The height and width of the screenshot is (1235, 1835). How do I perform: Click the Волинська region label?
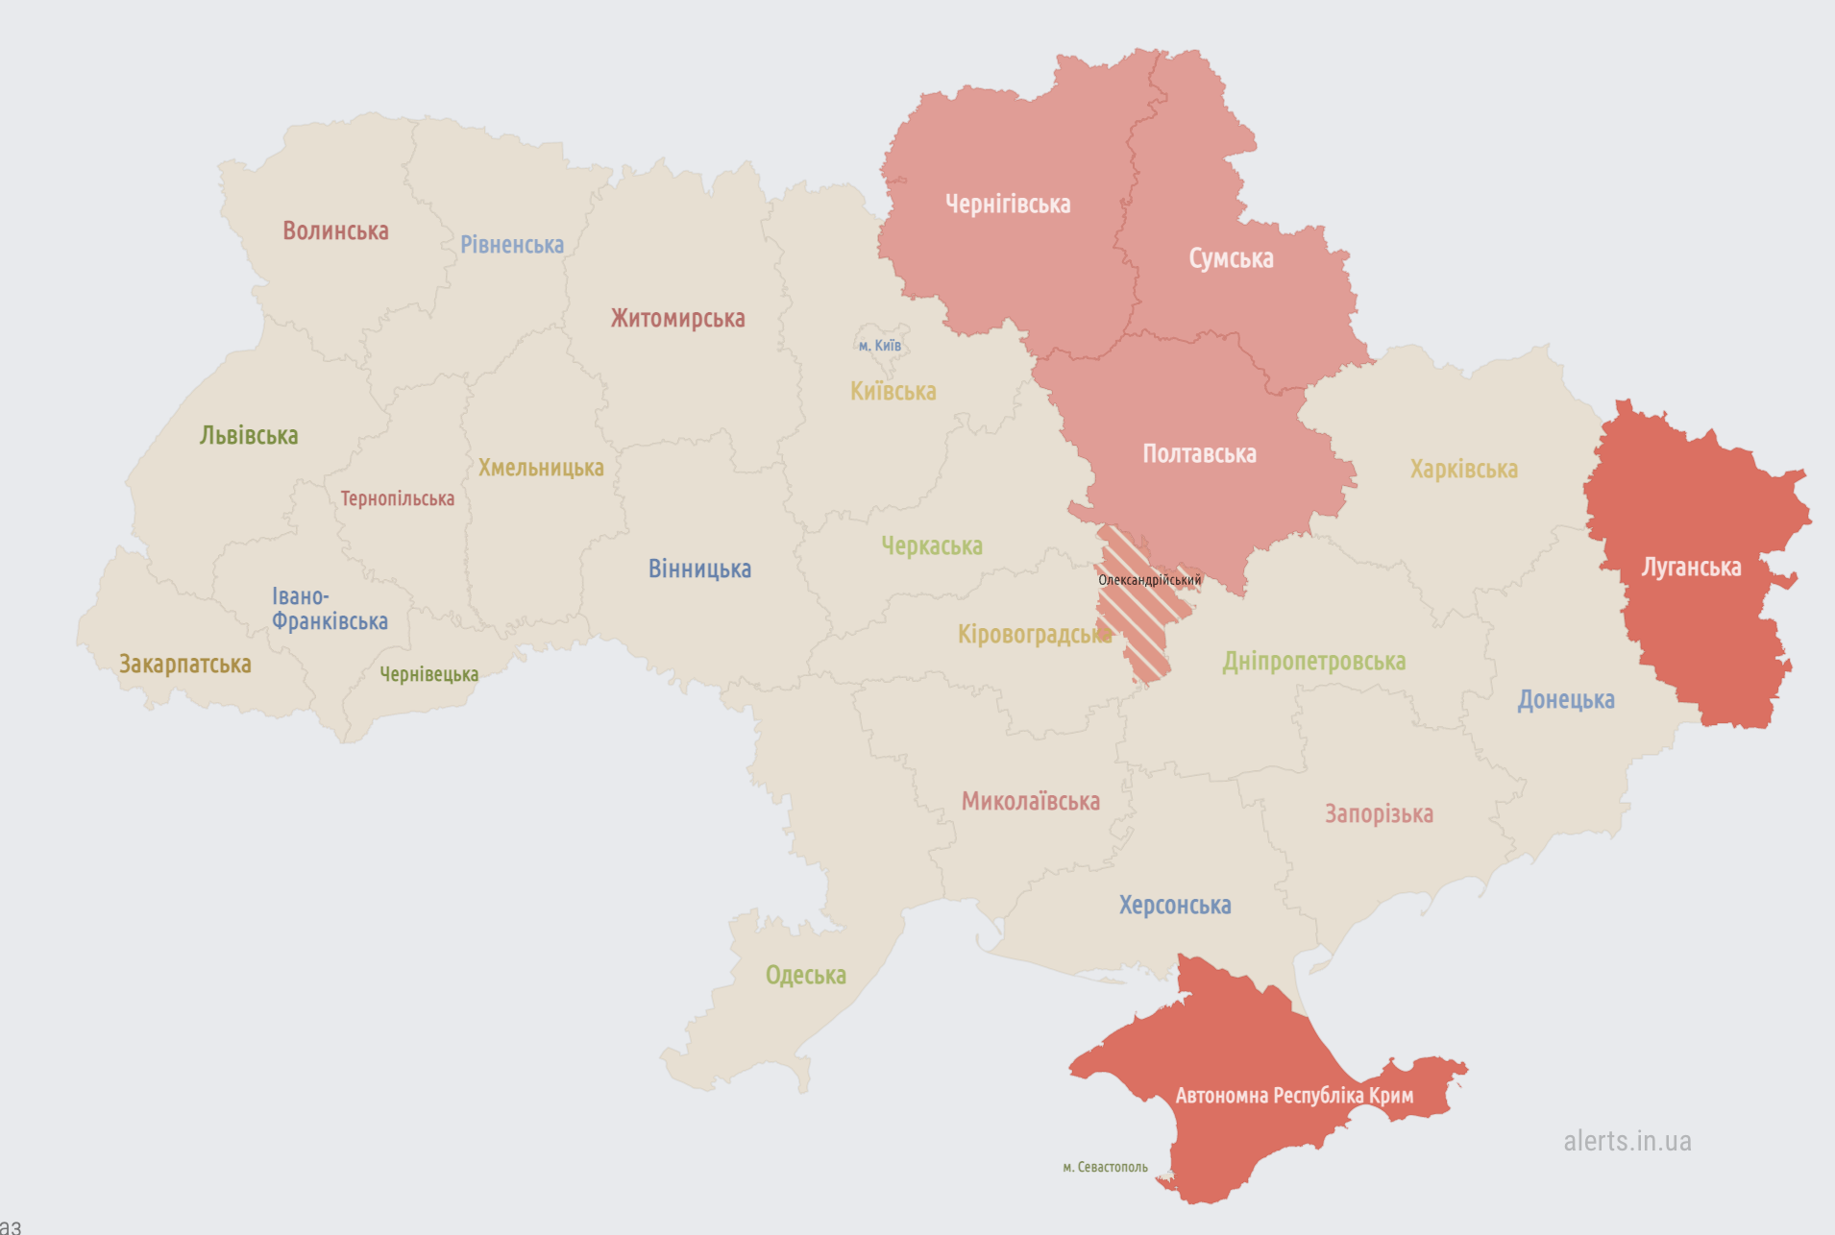335,231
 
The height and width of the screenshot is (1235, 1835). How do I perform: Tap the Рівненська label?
512,245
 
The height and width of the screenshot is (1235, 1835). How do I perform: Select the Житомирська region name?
677,319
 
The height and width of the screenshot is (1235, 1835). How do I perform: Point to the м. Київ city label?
880,346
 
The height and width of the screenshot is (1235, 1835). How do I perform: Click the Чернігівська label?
1008,205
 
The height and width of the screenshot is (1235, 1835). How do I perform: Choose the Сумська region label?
1231,259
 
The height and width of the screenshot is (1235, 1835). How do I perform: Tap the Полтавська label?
1199,454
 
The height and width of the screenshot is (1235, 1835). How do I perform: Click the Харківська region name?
1463,470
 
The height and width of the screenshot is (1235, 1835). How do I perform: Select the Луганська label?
1691,568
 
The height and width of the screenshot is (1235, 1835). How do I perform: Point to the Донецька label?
1566,700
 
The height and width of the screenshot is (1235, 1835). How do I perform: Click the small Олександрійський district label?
1149,580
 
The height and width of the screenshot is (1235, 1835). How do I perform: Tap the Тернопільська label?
398,499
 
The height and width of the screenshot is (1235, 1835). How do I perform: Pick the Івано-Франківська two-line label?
330,610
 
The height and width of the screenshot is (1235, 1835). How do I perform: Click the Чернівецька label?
428,675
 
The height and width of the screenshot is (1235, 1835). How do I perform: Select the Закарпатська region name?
185,665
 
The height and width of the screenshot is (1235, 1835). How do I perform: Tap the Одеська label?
805,976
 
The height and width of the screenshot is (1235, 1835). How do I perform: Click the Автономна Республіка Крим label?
1294,1096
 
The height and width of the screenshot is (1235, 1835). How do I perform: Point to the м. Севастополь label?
1105,1168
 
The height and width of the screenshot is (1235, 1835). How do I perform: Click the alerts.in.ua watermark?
1627,1142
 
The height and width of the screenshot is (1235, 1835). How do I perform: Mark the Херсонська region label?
1175,906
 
